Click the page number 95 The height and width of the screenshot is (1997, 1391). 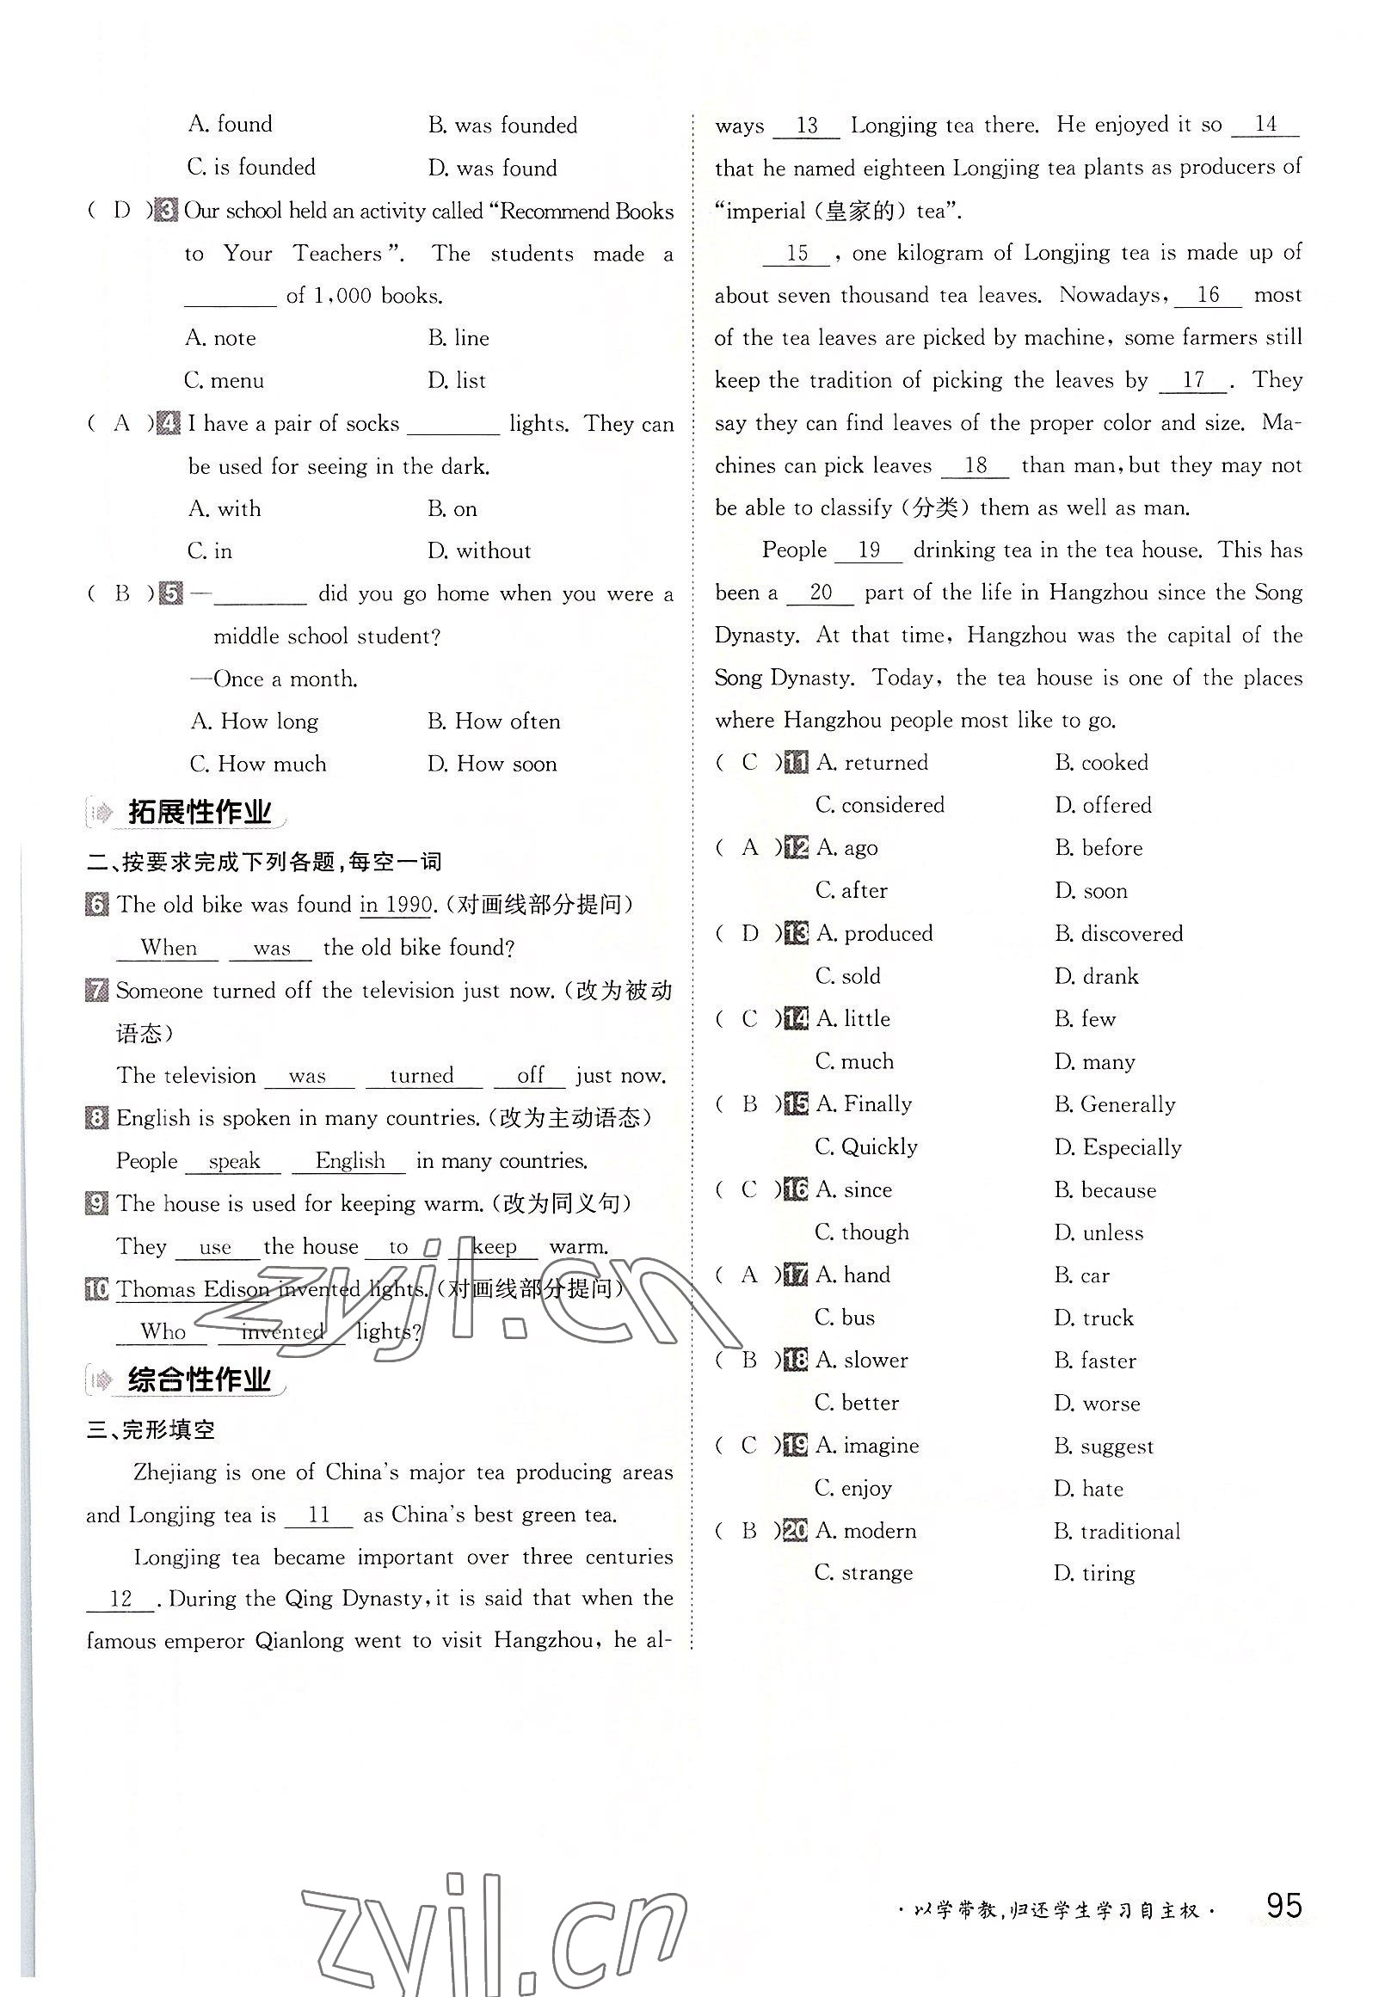[1283, 1906]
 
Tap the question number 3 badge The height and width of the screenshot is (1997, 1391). [166, 211]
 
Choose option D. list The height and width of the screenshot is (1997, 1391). [457, 381]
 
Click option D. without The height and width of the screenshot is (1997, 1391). [478, 551]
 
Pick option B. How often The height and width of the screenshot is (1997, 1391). [493, 722]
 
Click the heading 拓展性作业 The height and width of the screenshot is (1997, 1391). [200, 814]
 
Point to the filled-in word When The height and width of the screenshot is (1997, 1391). [168, 948]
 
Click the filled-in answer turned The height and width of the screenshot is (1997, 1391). [422, 1076]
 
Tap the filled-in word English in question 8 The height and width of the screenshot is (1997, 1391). [350, 1161]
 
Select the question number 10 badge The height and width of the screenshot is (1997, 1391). [97, 1289]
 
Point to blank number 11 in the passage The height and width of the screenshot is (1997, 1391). [319, 1515]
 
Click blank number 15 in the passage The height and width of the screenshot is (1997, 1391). [797, 254]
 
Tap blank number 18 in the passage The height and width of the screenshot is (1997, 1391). [976, 466]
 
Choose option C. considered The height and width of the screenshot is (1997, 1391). [879, 805]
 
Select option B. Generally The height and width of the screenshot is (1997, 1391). [1114, 1104]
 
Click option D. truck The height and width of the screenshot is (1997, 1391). [1093, 1318]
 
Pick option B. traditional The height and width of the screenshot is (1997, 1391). [1117, 1531]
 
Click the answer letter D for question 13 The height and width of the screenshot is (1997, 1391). [750, 934]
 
